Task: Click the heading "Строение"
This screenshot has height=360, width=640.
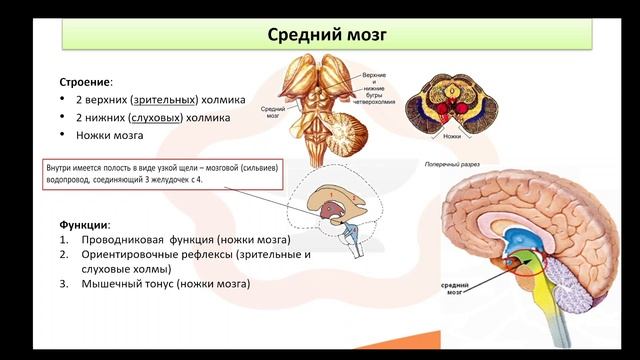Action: [84, 81]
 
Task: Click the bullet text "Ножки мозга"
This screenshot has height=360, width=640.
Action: [109, 135]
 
